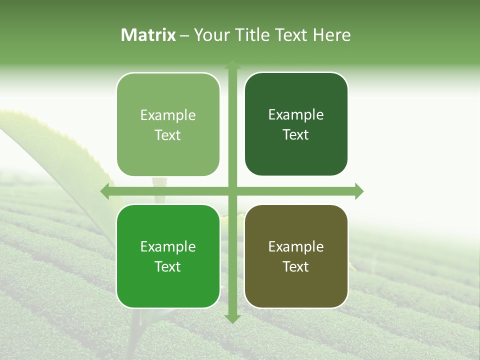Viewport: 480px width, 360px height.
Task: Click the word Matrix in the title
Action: (148, 35)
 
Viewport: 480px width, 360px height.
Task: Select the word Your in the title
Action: (212, 35)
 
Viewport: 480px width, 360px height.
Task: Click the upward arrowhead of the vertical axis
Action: (232, 65)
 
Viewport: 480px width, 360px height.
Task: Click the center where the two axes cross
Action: (232, 191)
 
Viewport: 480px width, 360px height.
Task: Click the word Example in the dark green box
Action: (296, 115)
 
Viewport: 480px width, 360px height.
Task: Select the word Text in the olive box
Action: (296, 266)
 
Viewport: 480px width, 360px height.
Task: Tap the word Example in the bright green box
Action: (168, 247)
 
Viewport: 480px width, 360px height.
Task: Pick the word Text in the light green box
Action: (168, 135)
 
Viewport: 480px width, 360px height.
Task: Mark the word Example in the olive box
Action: (296, 247)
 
